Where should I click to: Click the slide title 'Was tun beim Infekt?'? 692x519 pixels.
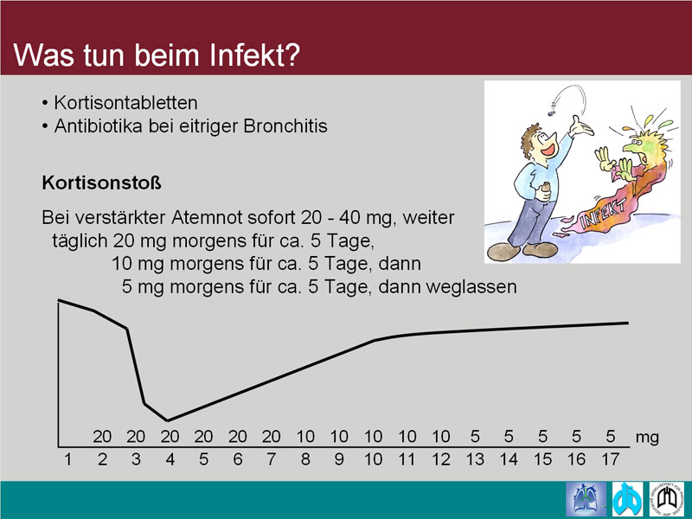157,54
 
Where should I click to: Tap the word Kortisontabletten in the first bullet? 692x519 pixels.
125,103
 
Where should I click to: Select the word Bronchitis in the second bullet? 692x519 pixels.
285,126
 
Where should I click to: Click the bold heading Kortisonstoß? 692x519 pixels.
101,183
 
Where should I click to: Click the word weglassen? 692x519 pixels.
471,287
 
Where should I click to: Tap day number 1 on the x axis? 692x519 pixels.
68,459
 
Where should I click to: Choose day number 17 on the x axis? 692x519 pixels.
611,459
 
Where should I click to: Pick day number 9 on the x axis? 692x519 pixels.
339,459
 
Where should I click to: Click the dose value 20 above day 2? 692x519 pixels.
102,437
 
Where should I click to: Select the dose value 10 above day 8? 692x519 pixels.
305,437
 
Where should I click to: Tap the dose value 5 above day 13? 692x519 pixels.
475,437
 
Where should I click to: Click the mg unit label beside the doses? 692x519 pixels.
647,438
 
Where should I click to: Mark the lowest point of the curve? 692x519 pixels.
167,420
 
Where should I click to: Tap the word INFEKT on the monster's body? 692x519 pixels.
604,213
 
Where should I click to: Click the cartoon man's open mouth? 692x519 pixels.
548,149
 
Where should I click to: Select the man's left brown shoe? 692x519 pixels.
503,252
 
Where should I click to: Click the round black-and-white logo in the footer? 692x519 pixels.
666,500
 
